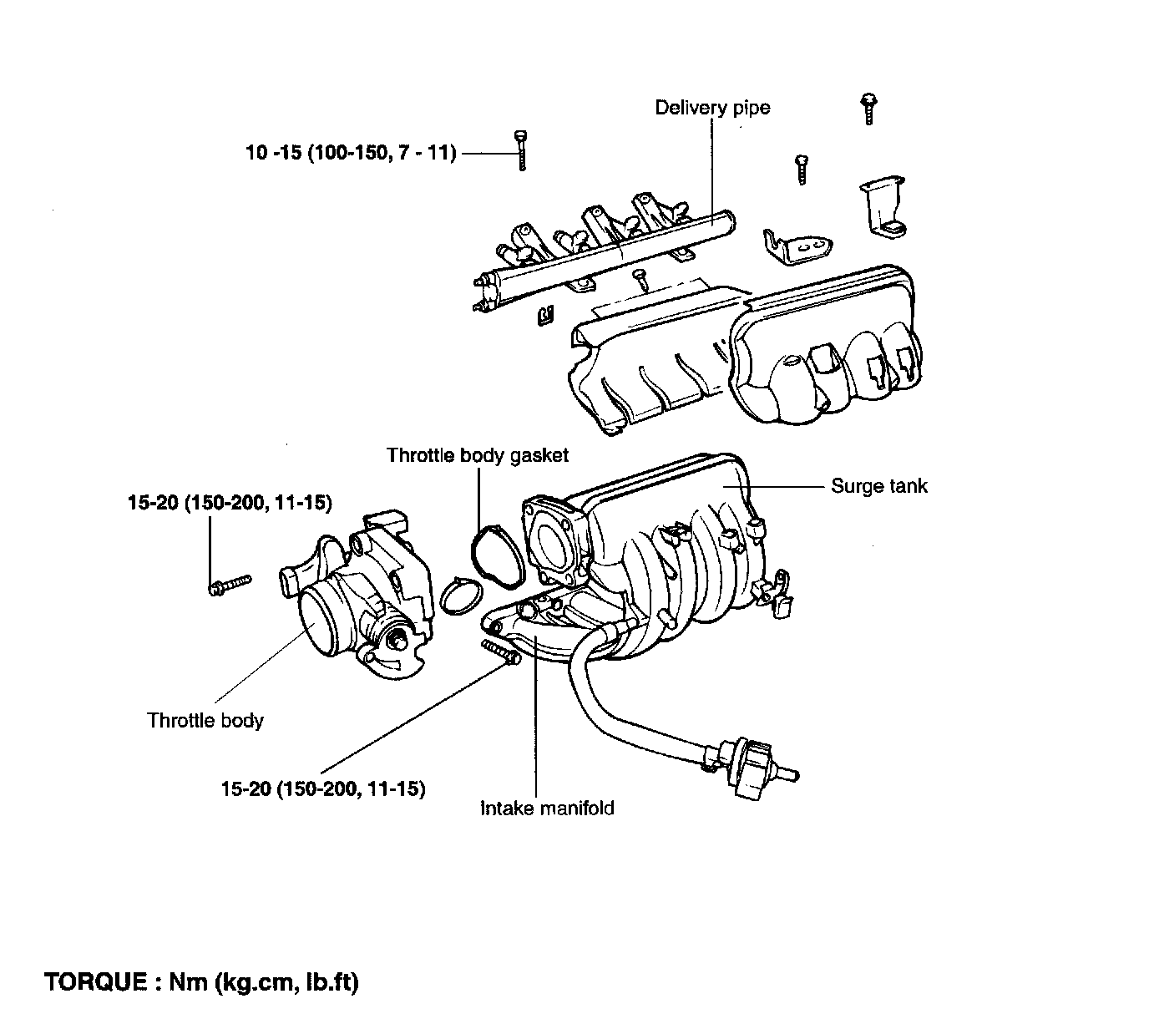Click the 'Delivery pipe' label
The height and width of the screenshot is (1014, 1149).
click(711, 108)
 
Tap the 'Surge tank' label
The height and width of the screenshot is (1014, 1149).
click(878, 486)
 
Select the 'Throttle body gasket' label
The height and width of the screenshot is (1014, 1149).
click(477, 455)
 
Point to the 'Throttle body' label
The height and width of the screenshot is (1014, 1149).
click(205, 720)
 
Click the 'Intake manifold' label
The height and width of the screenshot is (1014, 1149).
click(547, 808)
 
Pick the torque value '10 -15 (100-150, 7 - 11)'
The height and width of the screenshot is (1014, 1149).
click(351, 153)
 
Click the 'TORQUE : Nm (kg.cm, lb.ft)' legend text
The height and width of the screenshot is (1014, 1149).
click(201, 982)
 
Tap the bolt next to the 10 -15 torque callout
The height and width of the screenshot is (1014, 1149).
click(522, 150)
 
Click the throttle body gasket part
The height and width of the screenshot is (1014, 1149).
click(497, 555)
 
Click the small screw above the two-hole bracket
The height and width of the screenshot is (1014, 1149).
click(802, 168)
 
